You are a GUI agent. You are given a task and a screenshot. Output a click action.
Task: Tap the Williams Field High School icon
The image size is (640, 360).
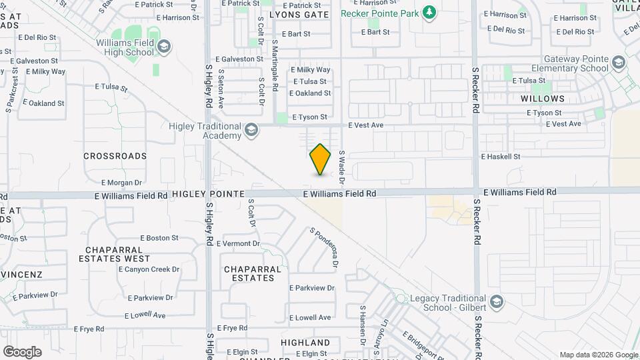click(164, 46)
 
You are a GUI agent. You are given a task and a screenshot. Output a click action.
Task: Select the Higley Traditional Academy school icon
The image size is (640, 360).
click(251, 129)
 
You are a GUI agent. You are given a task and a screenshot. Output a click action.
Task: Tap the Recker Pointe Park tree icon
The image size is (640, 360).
click(430, 13)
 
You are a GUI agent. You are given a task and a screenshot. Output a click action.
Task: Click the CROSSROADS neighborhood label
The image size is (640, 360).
click(115, 156)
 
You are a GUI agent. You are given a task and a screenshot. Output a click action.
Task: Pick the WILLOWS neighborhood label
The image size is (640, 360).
click(543, 99)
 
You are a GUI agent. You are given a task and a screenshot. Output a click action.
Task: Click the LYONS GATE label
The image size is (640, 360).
click(299, 15)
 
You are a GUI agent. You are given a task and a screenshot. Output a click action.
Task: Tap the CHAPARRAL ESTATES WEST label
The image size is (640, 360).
click(114, 258)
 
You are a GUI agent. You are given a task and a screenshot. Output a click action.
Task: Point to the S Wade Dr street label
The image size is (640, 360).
click(341, 167)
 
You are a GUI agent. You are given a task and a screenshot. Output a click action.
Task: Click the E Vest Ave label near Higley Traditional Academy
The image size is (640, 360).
click(366, 125)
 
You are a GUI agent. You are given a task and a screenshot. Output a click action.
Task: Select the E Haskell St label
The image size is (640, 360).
click(500, 157)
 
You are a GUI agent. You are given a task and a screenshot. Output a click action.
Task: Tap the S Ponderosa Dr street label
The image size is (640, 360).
click(324, 247)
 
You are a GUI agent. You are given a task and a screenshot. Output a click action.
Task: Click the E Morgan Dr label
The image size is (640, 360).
click(121, 183)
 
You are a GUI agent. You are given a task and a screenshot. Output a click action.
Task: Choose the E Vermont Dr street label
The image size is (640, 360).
click(238, 244)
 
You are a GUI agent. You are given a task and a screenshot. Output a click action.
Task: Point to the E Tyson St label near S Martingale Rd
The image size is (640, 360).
click(309, 117)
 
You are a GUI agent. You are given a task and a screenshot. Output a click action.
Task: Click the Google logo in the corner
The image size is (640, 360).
click(22, 352)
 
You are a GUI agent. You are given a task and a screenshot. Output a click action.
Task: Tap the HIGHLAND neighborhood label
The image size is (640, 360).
click(305, 343)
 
